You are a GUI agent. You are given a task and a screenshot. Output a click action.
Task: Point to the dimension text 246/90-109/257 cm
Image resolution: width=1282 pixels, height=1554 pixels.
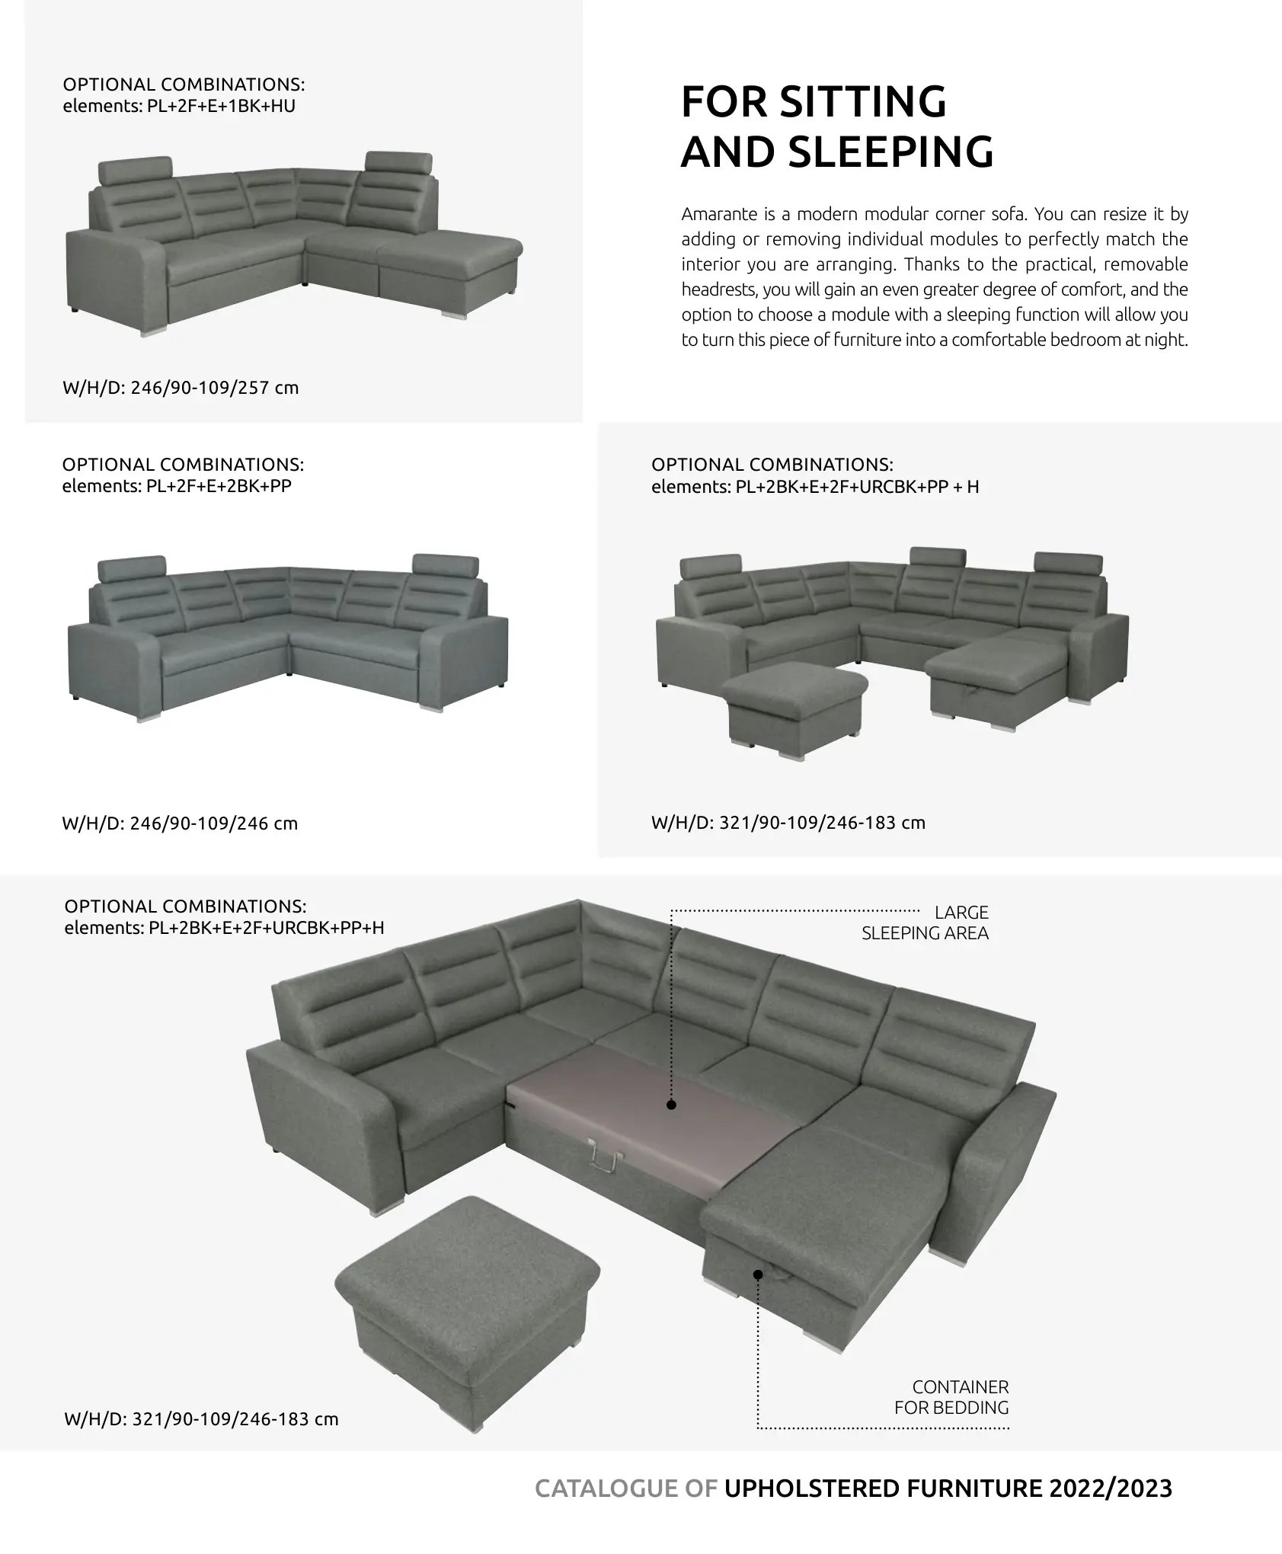[215, 388]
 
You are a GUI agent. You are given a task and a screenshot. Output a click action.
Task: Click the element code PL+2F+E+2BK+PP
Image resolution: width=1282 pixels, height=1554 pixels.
[219, 486]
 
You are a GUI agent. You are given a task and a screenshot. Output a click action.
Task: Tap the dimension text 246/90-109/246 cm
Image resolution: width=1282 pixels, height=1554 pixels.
[214, 823]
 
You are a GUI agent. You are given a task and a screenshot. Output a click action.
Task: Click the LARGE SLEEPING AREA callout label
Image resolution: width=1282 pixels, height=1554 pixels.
[926, 922]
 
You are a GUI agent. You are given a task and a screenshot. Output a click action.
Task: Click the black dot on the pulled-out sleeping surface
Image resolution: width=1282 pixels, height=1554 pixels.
[671, 1105]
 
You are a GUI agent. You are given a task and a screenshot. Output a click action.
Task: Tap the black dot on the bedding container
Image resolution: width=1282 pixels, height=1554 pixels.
[758, 1274]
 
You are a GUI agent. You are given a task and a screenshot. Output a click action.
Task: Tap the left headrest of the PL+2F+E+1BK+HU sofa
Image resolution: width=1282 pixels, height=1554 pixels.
[136, 171]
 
